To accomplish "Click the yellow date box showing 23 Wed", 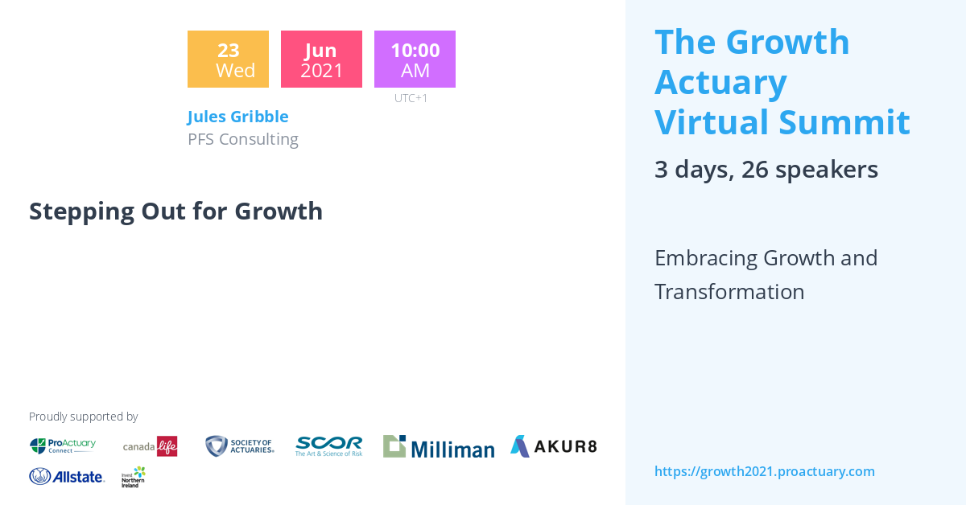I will coord(228,60).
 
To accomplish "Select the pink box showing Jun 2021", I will coord(321,60).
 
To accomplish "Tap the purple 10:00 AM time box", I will coord(415,60).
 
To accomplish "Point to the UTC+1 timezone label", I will coord(411,98).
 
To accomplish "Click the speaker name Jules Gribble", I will coord(237,117).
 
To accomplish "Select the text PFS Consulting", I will coord(242,139).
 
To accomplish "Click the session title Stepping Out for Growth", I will coord(175,211).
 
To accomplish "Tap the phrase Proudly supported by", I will coord(83,417).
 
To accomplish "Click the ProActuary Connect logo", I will coord(63,445).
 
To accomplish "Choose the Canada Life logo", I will coord(150,446).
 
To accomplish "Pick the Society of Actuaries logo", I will coord(240,446).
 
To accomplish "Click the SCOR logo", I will coord(328,446).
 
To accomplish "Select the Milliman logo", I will coord(439,446).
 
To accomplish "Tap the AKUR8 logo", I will coord(553,446).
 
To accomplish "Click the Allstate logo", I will coord(67,476).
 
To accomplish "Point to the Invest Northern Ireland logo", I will coord(134,477).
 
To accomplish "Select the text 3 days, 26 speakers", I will coord(766,170).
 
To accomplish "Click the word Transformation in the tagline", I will coord(729,292).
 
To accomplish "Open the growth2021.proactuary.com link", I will coord(764,471).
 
